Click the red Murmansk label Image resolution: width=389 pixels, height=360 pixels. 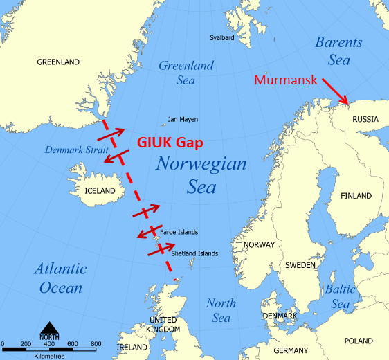pos(285,80)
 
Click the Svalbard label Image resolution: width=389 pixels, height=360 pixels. pos(222,37)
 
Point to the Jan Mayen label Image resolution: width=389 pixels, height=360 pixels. pos(183,119)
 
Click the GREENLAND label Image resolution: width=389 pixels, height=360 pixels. pos(58,62)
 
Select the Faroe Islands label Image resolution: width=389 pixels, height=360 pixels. pos(179,232)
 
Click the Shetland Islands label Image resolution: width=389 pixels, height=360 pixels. pos(194,253)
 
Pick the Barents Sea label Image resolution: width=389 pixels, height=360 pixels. pos(338,51)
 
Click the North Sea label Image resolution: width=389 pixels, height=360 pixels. pos(221,310)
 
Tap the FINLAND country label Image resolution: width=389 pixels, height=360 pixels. pos(356,196)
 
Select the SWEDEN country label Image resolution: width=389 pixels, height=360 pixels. pos(301,265)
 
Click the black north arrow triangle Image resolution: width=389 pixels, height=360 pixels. pos(49,327)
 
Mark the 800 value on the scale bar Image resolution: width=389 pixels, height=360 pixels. pos(96,343)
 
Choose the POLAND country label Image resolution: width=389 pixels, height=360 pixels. pos(359,341)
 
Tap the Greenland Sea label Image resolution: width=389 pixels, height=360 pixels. pos(186,73)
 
